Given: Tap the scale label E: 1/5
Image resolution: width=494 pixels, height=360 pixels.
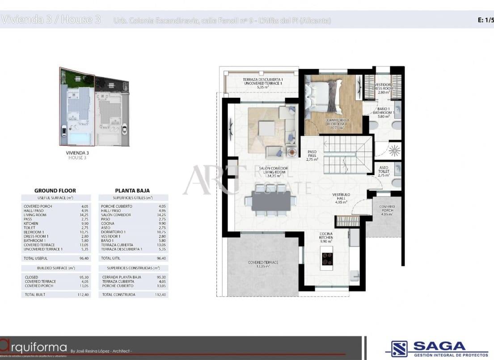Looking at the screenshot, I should (x=485, y=20).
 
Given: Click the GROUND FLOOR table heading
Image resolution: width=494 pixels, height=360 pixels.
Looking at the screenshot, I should (x=55, y=190).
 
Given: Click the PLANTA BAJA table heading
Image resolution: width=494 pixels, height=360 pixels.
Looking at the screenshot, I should (x=132, y=190).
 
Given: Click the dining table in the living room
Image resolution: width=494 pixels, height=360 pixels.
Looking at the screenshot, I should (x=271, y=201).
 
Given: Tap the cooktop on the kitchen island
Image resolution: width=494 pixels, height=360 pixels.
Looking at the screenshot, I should (x=327, y=259).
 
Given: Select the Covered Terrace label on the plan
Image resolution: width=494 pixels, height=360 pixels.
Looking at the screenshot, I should (x=263, y=264).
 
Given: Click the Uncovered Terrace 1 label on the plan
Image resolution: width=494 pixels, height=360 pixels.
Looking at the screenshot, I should (x=263, y=83).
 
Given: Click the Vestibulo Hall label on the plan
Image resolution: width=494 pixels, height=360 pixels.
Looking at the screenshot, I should (x=341, y=198).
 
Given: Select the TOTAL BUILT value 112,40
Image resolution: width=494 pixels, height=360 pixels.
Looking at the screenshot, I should (x=84, y=295).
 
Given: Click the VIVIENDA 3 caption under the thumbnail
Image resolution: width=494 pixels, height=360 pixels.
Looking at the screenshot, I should (x=77, y=153).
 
